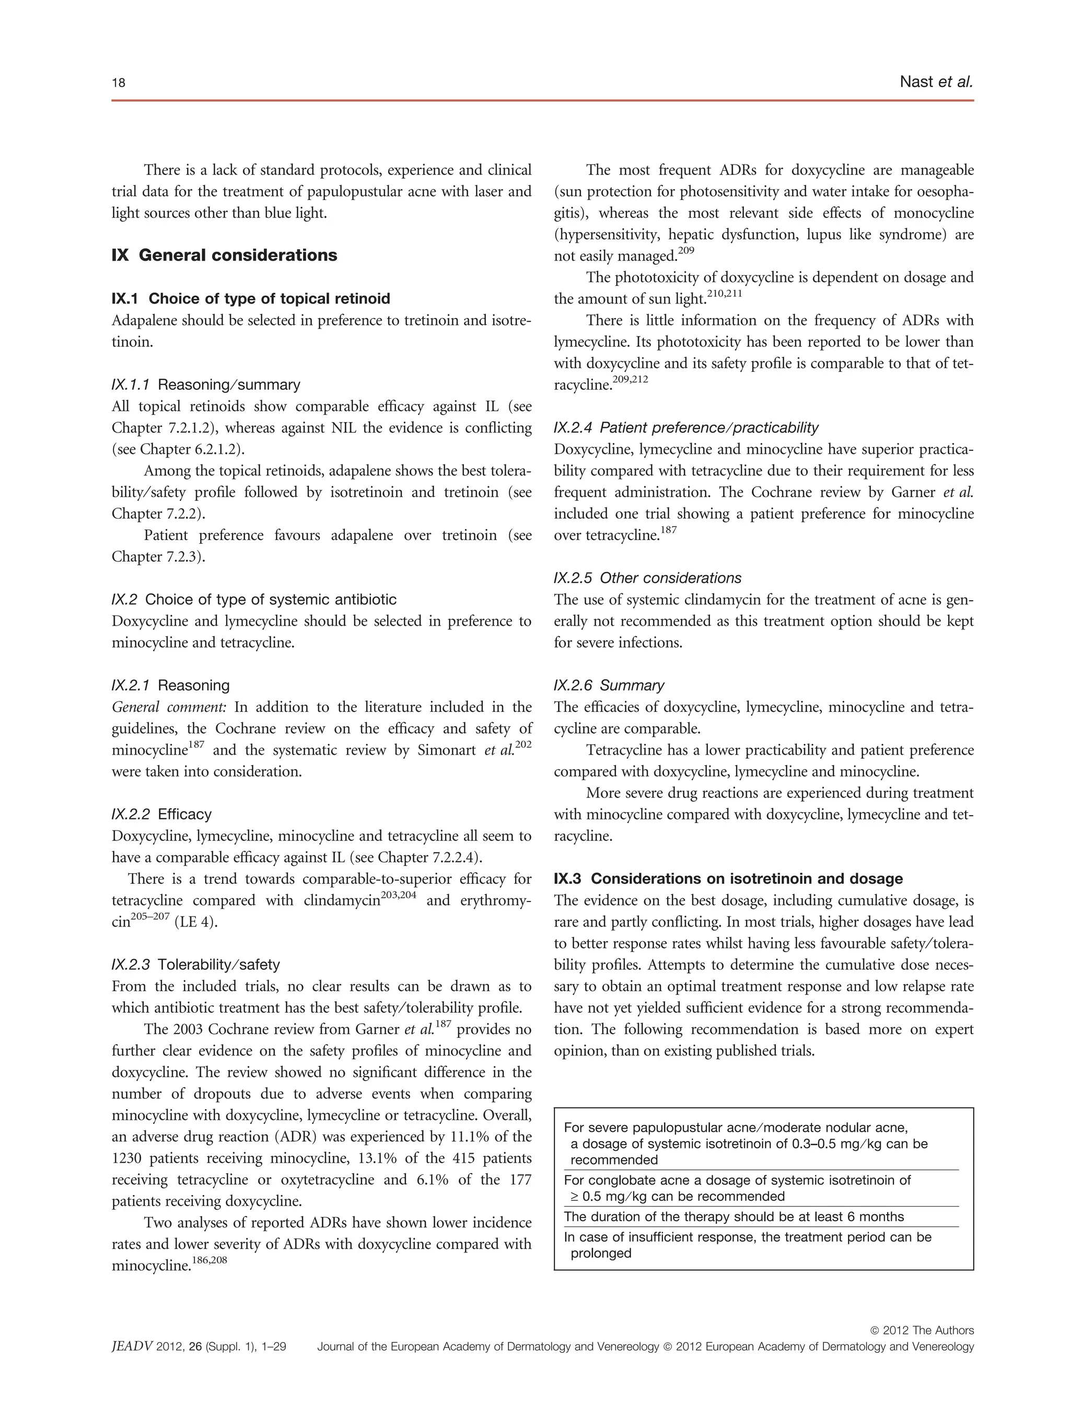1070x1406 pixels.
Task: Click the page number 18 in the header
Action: pyautogui.click(x=119, y=83)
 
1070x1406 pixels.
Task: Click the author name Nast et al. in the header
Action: pyautogui.click(x=936, y=81)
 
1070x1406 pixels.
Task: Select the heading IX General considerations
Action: pyautogui.click(x=224, y=255)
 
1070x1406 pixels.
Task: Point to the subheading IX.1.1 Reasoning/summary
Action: pyautogui.click(x=206, y=384)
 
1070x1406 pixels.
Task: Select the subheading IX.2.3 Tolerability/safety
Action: pyautogui.click(x=195, y=965)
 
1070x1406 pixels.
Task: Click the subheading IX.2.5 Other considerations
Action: pyautogui.click(x=647, y=578)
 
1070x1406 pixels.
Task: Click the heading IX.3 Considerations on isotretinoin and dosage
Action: pyautogui.click(x=728, y=878)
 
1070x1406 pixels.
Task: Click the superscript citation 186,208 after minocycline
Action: pyautogui.click(x=210, y=1260)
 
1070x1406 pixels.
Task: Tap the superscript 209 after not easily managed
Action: pyautogui.click(x=686, y=251)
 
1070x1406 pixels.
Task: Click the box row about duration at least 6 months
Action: pyautogui.click(x=734, y=1217)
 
